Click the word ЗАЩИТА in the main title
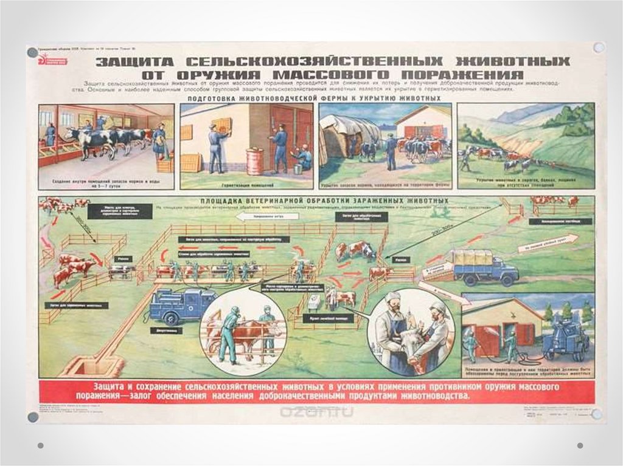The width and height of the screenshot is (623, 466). point(135,62)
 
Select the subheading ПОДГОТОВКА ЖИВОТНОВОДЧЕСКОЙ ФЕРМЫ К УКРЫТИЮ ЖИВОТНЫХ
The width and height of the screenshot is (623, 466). point(314,98)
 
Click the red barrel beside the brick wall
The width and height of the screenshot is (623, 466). point(254,162)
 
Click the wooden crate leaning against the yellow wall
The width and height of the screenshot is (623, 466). point(190,162)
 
